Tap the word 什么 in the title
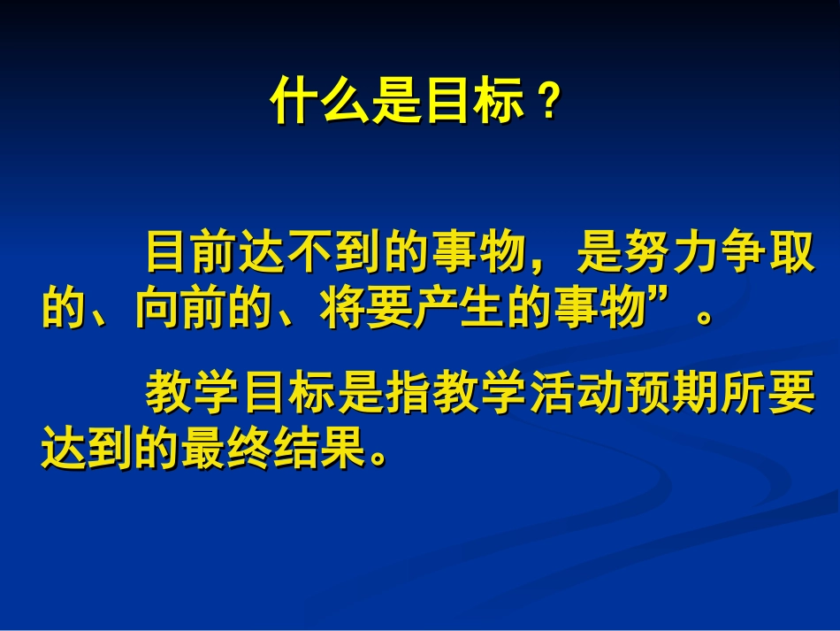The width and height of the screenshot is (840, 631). (x=319, y=104)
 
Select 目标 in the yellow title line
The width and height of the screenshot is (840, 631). (x=472, y=104)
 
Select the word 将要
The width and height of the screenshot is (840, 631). (x=370, y=310)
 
